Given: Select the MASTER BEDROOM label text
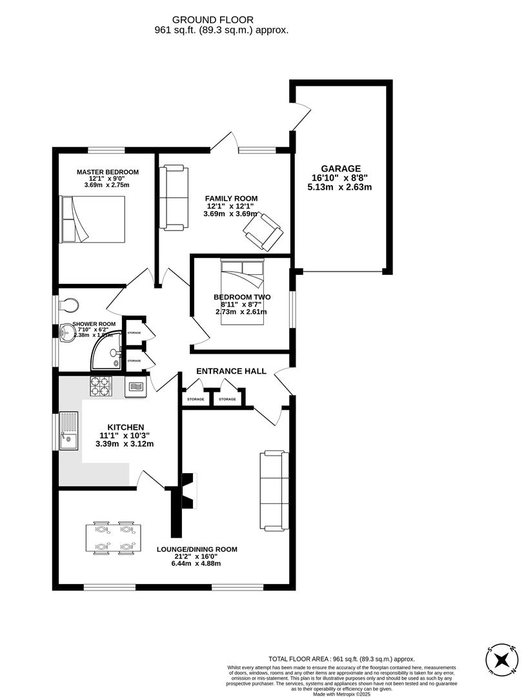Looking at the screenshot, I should pos(107,172).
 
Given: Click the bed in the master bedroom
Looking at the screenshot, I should pos(92,219).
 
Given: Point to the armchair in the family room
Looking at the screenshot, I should pos(263,230).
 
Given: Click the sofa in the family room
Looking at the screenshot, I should pos(174,197).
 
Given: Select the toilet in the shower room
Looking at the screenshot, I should pos(68,304).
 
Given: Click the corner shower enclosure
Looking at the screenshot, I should pos(107,353).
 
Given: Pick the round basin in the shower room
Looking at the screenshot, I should pos(66,333).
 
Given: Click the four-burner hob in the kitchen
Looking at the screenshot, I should pos(100,386).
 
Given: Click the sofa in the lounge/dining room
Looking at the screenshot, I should pos(273,489).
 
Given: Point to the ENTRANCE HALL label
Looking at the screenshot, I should pos(231,371).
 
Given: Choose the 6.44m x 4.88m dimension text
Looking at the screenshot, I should pos(196,563).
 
